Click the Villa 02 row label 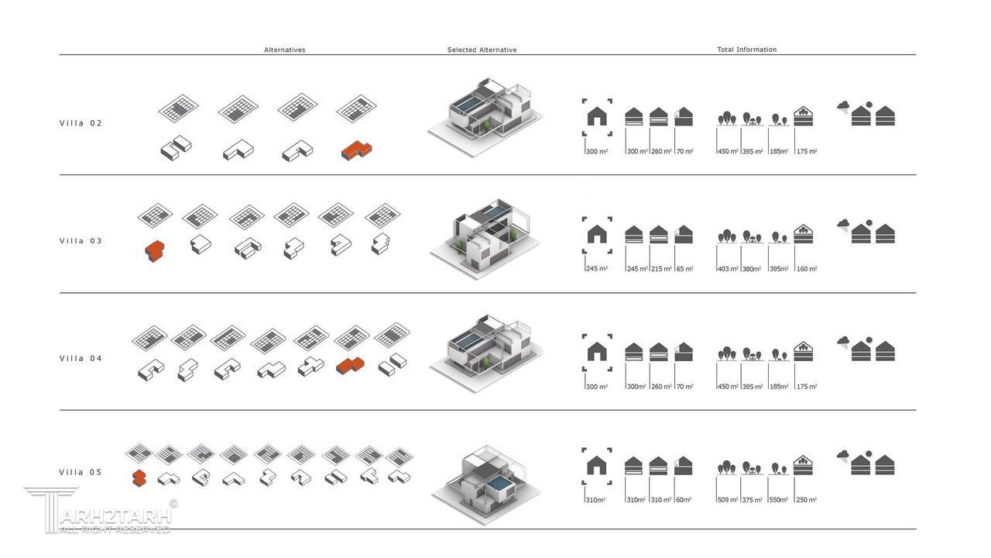pyautogui.click(x=81, y=123)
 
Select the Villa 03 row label pyautogui.click(x=81, y=241)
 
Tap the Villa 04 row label pyautogui.click(x=81, y=359)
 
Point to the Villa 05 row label pyautogui.click(x=81, y=473)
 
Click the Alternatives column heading pyautogui.click(x=285, y=50)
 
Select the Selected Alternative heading pyautogui.click(x=482, y=50)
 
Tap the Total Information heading pyautogui.click(x=746, y=50)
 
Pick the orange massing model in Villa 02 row pyautogui.click(x=356, y=150)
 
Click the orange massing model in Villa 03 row pyautogui.click(x=155, y=250)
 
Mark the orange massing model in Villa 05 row pyautogui.click(x=139, y=477)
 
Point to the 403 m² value pyautogui.click(x=729, y=269)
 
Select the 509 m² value pyautogui.click(x=729, y=500)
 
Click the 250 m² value pyautogui.click(x=807, y=500)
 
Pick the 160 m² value pyautogui.click(x=807, y=269)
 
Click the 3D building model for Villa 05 pyautogui.click(x=486, y=485)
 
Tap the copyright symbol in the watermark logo pyautogui.click(x=173, y=503)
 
